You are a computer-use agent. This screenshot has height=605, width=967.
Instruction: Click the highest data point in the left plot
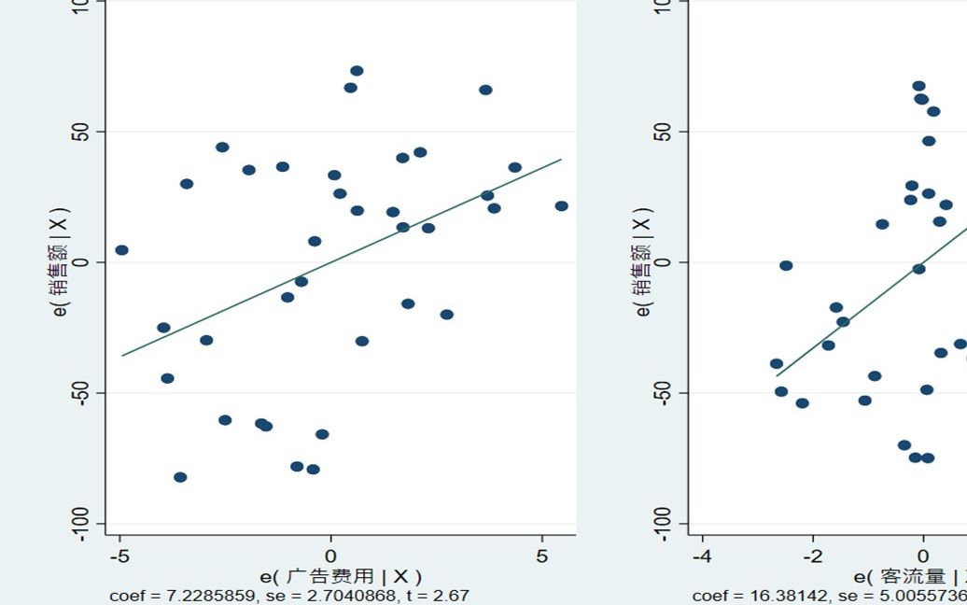click(357, 71)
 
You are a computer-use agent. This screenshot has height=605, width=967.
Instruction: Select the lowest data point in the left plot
click(180, 477)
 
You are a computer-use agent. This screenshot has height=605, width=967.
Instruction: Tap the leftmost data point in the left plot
click(121, 250)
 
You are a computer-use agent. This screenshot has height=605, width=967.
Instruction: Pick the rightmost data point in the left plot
click(561, 206)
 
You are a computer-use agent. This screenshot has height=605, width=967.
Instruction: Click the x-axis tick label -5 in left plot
click(119, 556)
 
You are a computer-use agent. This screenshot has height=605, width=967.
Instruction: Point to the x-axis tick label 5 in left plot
click(542, 556)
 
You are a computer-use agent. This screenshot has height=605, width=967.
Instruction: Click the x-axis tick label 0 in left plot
click(330, 556)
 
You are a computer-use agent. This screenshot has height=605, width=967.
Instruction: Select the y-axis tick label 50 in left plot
click(81, 132)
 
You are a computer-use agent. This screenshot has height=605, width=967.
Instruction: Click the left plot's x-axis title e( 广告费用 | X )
click(341, 577)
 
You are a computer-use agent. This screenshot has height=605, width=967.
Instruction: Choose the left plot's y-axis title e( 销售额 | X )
click(61, 261)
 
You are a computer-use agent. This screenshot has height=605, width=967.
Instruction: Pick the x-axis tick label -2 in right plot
click(812, 556)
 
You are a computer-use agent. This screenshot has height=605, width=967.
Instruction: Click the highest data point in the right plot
click(918, 86)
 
